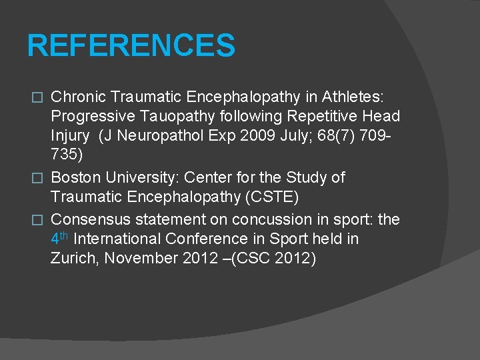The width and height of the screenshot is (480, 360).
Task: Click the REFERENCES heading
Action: click(131, 46)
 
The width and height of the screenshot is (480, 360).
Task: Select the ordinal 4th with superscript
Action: click(59, 238)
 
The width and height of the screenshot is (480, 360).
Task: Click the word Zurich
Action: click(73, 259)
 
